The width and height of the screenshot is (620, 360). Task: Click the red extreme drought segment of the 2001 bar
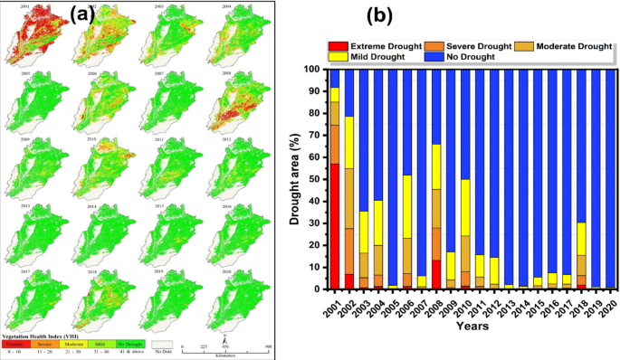pyautogui.click(x=334, y=226)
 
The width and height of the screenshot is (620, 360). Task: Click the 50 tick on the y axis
pyautogui.click(x=312, y=179)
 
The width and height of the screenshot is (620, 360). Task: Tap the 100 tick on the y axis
pyautogui.click(x=310, y=69)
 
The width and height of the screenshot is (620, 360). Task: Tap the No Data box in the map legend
pyautogui.click(x=164, y=344)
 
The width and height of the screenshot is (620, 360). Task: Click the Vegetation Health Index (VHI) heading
pyautogui.click(x=41, y=336)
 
